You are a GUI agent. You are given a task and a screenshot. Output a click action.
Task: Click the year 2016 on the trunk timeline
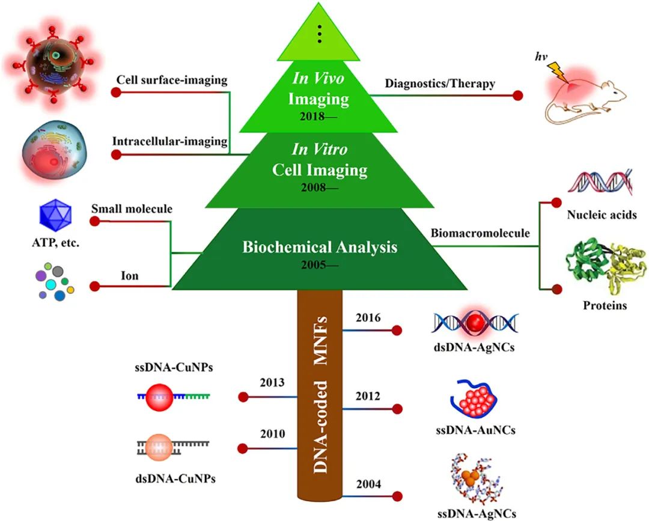[x=368, y=318]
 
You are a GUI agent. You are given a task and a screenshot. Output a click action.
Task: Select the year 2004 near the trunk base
[x=368, y=484]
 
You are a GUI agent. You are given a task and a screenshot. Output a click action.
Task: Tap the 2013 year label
[x=272, y=383]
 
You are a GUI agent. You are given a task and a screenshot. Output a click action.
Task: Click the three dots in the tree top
[x=321, y=35]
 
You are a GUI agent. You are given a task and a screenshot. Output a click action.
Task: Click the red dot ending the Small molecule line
[x=94, y=222]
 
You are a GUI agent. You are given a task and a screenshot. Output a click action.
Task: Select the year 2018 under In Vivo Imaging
[x=318, y=117]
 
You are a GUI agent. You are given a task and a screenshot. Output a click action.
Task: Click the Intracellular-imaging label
[x=169, y=141]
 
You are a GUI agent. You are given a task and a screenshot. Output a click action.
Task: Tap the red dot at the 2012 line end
[x=397, y=409]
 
